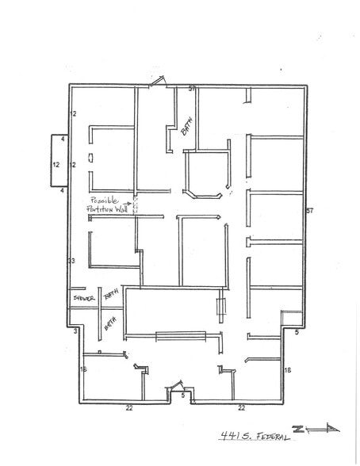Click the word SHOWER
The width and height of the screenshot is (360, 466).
pyautogui.click(x=82, y=298)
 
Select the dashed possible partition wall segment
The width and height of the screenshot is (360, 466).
pyautogui.click(x=135, y=204)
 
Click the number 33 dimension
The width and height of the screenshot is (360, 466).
pyautogui.click(x=71, y=261)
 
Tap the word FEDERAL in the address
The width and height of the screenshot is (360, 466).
pyautogui.click(x=271, y=436)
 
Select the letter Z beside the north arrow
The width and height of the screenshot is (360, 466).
pyautogui.click(x=299, y=428)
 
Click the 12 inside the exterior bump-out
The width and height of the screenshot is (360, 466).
pyautogui.click(x=56, y=165)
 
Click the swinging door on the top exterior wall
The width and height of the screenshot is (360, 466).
pyautogui.click(x=157, y=80)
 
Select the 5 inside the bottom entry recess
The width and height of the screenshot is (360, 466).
pyautogui.click(x=182, y=394)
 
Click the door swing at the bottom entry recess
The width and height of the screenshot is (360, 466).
pyautogui.click(x=176, y=388)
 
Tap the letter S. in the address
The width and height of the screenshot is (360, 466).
pyautogui.click(x=248, y=436)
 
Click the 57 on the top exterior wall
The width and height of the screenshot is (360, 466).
pyautogui.click(x=192, y=88)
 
